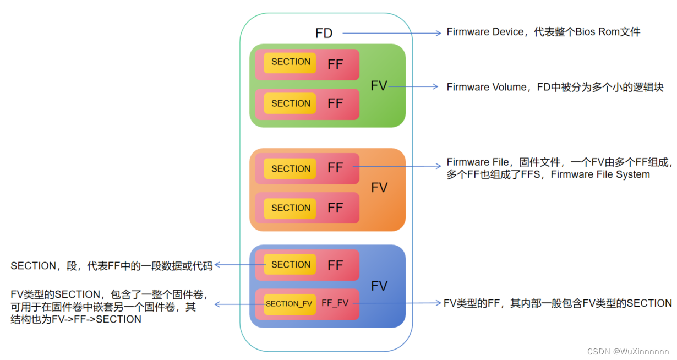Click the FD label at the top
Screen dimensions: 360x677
[x=324, y=34]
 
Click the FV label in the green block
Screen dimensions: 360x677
[x=379, y=86]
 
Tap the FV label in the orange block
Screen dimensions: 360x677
[x=379, y=188]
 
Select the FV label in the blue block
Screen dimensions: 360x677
[x=379, y=286]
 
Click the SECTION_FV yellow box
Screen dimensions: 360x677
[x=289, y=304]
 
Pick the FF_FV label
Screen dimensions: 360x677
[x=335, y=304]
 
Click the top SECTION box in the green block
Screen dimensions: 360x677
[x=291, y=62]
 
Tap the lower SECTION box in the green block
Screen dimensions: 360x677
[x=291, y=103]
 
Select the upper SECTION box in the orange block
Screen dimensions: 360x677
[x=291, y=169]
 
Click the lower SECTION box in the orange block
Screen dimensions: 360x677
[x=291, y=208]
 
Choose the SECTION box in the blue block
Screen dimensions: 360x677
[x=291, y=265]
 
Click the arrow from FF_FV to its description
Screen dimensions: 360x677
[x=396, y=303]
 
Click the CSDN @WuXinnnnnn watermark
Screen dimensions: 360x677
[x=628, y=351]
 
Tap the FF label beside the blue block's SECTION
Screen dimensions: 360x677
[x=335, y=265]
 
